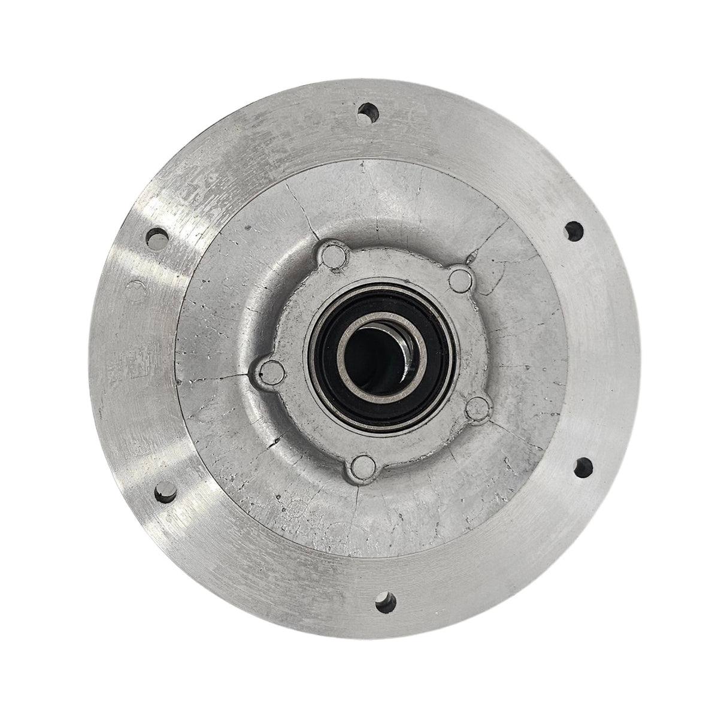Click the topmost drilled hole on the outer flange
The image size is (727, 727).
tap(368, 111)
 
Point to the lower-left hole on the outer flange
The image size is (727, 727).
tap(163, 493)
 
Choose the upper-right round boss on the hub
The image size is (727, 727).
tap(459, 277)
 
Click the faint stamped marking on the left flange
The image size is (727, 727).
tap(126, 371)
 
